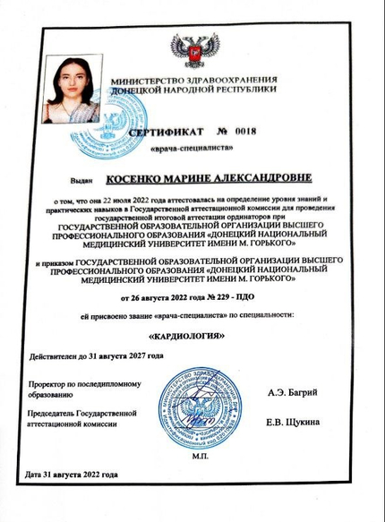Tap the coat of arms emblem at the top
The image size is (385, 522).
[195, 52]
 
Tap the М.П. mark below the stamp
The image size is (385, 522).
[198, 455]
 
